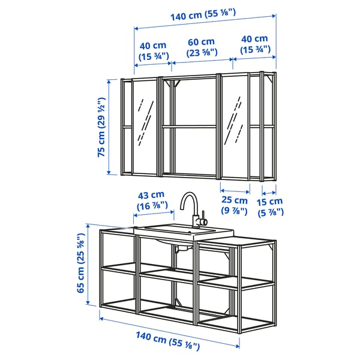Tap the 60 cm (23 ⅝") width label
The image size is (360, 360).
click(200, 48)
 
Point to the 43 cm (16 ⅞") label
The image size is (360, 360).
click(151, 200)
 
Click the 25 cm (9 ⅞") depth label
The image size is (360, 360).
click(235, 206)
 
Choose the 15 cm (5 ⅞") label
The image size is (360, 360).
click(271, 206)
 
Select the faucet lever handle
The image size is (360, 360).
click(203, 217)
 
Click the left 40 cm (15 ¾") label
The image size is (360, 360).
click(152, 50)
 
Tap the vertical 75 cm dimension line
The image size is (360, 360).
click(109, 127)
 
